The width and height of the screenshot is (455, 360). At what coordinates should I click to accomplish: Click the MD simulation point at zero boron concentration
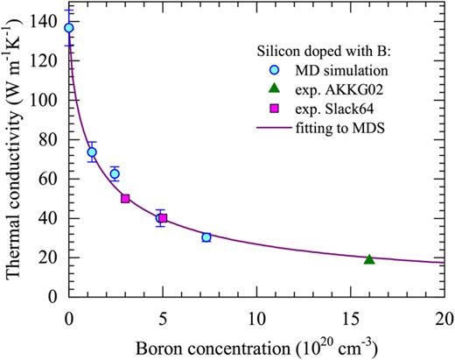[69, 28]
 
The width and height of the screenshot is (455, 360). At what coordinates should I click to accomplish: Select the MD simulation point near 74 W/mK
[92, 152]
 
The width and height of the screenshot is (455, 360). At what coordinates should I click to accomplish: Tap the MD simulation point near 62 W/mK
[115, 173]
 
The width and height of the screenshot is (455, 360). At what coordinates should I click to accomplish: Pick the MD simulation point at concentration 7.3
[206, 237]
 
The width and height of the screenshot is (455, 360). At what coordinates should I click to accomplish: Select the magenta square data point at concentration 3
[125, 199]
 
